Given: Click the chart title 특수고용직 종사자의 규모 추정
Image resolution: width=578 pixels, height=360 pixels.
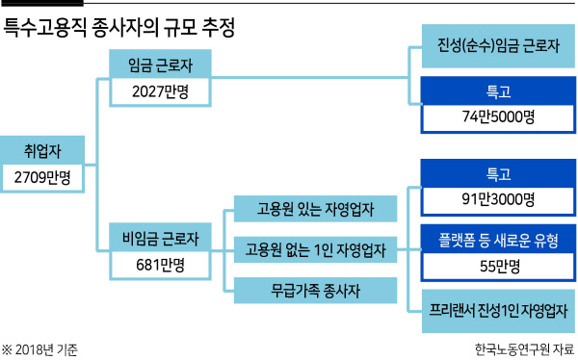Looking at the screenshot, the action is (118, 28).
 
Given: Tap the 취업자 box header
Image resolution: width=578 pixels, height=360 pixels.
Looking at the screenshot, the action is (42, 151).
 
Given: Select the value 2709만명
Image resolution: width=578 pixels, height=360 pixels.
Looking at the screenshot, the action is (42, 178).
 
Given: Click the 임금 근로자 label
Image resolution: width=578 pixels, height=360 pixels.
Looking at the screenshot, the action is (160, 64).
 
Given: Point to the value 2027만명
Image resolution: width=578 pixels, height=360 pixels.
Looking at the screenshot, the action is (160, 91).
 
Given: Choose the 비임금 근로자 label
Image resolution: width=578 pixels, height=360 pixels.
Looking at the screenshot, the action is (160, 239).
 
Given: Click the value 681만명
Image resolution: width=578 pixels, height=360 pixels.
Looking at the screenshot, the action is (160, 265).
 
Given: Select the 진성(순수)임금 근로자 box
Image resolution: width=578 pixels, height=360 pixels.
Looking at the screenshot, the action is (498, 46).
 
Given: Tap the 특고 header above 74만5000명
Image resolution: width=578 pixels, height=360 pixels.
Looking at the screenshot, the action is (498, 91).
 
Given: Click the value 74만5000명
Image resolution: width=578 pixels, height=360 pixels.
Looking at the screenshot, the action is (498, 116).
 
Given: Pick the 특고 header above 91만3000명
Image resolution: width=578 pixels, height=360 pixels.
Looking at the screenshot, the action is (498, 174).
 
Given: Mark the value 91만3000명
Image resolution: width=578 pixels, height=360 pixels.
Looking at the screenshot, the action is (498, 199).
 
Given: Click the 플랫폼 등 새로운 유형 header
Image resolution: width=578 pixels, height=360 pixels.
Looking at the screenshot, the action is (498, 240).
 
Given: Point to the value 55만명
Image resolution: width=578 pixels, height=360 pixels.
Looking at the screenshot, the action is (500, 266).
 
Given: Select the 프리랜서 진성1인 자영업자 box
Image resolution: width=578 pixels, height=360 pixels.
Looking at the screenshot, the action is (498, 311).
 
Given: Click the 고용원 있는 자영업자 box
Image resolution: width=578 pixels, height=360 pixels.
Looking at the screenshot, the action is (316, 209).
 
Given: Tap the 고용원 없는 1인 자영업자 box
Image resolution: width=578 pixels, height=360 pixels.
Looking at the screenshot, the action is (316, 250).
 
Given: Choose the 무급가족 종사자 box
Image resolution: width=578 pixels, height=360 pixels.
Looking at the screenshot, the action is (316, 291).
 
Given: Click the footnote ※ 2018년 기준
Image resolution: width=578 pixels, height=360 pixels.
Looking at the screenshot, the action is (39, 349).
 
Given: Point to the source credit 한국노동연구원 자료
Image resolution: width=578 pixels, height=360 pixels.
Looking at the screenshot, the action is (525, 349).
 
